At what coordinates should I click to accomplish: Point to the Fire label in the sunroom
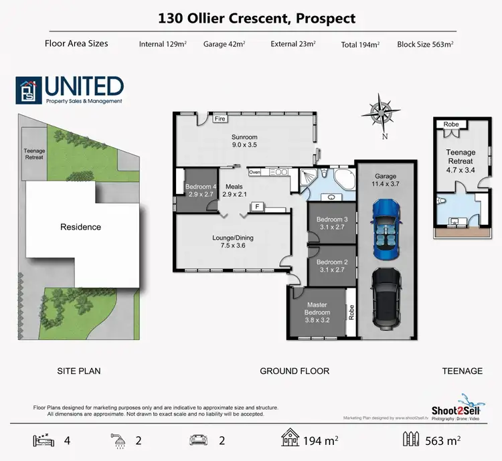(x=219, y=119)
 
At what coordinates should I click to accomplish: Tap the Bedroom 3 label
(x=332, y=223)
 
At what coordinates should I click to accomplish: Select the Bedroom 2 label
(x=332, y=266)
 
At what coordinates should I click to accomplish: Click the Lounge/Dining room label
(x=234, y=242)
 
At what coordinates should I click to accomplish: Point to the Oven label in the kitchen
(x=254, y=172)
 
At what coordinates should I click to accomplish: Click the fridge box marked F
(x=256, y=207)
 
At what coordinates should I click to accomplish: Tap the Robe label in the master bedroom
(x=350, y=310)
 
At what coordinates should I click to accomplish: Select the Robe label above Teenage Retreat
(x=451, y=124)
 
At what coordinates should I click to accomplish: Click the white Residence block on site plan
(x=80, y=227)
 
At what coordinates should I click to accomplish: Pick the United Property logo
(x=70, y=90)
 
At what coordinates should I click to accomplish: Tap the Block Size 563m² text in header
(x=425, y=44)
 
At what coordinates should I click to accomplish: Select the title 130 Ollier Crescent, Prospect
(x=256, y=19)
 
